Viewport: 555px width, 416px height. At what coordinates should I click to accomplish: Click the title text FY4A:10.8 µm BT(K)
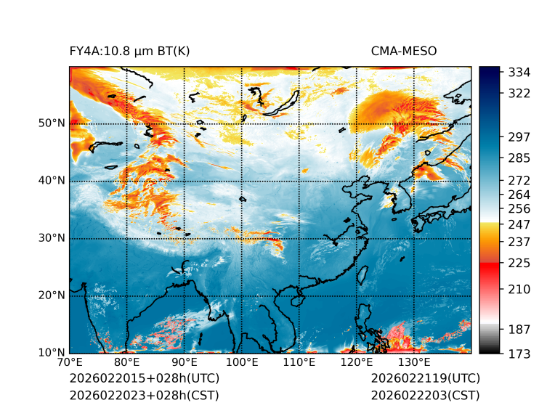(129, 51)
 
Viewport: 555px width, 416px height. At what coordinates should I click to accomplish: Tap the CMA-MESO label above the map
(403, 51)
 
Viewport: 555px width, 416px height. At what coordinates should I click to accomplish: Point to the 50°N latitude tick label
(51, 123)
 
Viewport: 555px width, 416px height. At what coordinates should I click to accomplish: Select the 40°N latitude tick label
(51, 181)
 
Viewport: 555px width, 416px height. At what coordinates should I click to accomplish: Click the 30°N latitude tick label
(51, 238)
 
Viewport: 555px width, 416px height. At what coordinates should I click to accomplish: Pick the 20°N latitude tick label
(51, 295)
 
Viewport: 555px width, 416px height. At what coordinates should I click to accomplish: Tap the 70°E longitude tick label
(70, 362)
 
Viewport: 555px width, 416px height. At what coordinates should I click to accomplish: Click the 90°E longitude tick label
(185, 362)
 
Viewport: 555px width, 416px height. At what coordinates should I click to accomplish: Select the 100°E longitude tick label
(242, 362)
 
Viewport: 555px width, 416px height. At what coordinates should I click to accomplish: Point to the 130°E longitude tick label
(414, 362)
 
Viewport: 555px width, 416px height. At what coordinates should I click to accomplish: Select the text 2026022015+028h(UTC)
(144, 379)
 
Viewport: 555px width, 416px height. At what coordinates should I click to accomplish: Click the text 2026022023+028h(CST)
(144, 396)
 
